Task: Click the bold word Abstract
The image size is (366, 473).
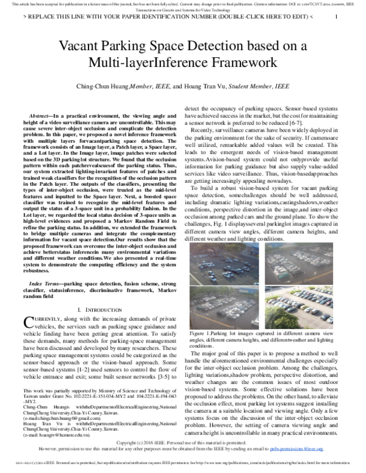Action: pos(42,115)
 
